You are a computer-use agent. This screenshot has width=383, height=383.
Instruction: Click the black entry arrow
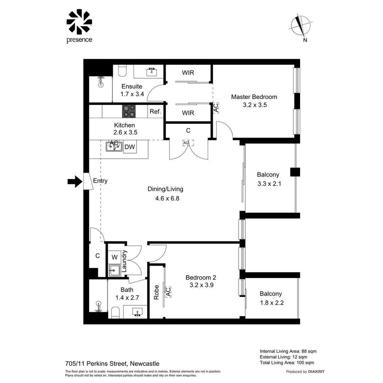74,182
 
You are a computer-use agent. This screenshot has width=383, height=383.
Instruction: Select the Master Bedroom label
254,97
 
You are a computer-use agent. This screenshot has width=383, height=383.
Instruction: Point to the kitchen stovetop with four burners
130,111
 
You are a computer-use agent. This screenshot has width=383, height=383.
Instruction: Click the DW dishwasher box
130,147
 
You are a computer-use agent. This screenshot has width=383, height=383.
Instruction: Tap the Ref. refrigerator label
155,111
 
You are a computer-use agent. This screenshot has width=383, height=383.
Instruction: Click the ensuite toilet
122,71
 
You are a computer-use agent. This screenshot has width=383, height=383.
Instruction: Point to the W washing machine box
115,257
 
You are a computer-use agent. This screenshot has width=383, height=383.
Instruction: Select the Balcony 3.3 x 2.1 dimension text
268,184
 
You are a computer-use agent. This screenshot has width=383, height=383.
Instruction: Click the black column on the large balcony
295,172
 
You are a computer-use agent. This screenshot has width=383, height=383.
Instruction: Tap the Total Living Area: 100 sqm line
287,362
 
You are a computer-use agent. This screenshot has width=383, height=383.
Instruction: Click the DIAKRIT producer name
316,372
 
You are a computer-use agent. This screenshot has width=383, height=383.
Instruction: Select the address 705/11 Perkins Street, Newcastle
112,363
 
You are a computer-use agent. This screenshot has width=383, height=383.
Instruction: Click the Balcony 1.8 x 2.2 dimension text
271,303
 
